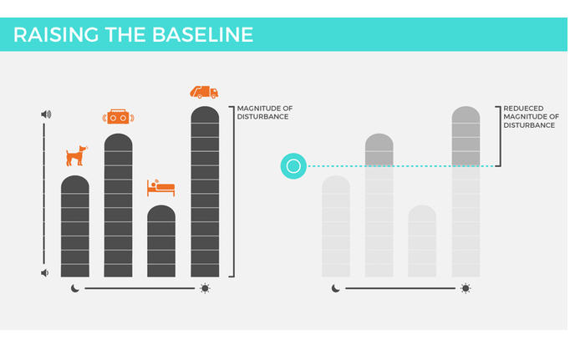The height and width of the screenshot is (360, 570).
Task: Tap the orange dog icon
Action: tap(75, 155)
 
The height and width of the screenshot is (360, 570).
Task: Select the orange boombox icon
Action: tap(118, 118)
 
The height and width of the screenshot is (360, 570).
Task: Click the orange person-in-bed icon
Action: tap(161, 187)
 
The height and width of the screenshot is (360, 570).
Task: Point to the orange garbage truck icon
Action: tap(205, 92)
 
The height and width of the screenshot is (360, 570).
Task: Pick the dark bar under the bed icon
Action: tap(161, 242)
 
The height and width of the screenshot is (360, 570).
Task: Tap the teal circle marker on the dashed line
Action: tap(293, 166)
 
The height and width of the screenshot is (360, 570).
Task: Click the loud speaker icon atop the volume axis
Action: tap(46, 114)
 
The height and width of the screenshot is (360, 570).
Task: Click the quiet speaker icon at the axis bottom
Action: tap(45, 272)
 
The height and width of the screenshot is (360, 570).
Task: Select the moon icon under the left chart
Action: tap(75, 289)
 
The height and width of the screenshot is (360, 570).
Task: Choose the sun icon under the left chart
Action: tap(205, 289)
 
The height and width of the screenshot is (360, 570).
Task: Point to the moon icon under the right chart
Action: tap(336, 289)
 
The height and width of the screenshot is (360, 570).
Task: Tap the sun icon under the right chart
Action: tap(466, 289)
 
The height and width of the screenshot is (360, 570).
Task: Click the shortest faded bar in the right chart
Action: tap(422, 242)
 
